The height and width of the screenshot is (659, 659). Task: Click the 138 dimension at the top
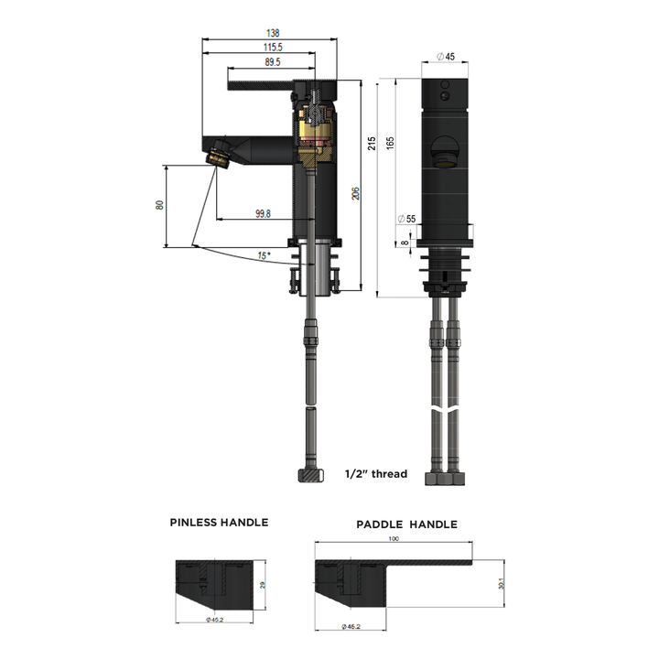(274, 33)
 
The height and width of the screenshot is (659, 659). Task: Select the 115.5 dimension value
(273, 47)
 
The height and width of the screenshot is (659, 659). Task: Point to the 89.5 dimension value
(272, 61)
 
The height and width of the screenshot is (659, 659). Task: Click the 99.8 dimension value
(263, 213)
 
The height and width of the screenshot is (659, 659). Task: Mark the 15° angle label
(264, 255)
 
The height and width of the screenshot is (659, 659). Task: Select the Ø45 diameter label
(446, 57)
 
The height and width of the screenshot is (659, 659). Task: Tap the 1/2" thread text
(376, 474)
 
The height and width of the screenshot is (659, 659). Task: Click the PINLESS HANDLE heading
(219, 523)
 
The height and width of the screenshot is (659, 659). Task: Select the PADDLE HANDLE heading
(406, 524)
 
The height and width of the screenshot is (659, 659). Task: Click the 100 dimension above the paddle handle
(394, 539)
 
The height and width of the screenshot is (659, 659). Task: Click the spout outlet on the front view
(445, 155)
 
